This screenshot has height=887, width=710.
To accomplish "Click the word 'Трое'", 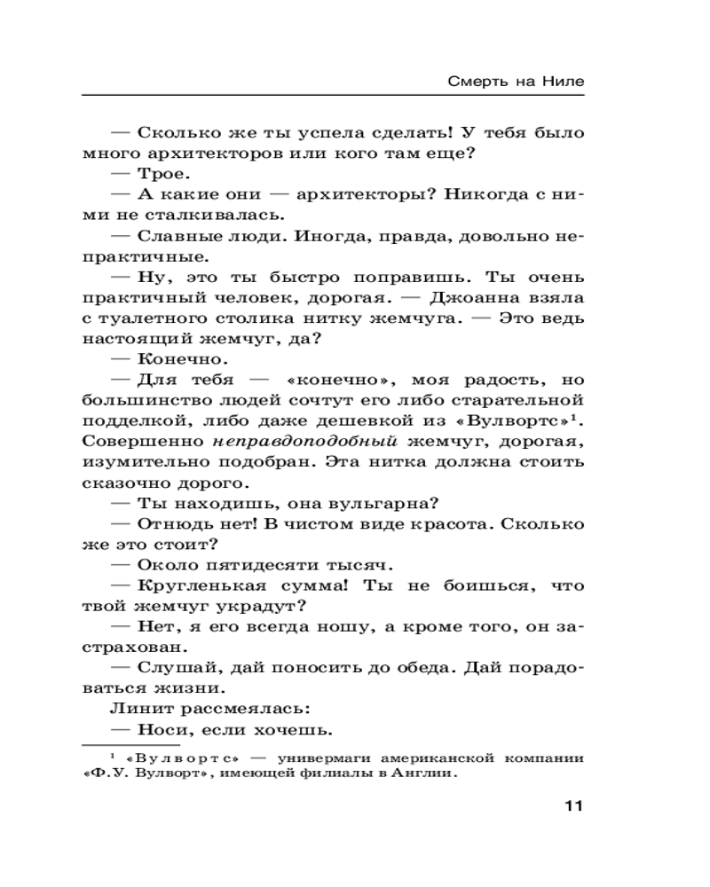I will coord(162,175).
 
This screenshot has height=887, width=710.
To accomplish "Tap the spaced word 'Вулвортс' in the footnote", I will coord(188,758).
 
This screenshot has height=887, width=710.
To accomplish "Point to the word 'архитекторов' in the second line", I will coord(198,154).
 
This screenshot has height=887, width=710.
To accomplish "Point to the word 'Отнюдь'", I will coord(170,524).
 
